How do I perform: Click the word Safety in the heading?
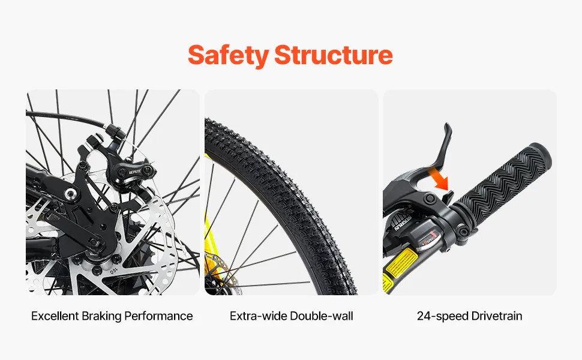(228, 55)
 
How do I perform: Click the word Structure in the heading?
(334, 55)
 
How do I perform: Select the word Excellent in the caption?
(55, 316)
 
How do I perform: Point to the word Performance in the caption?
(158, 316)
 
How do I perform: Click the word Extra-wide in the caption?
(259, 316)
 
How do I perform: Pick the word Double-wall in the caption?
(322, 316)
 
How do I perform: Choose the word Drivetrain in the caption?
(496, 316)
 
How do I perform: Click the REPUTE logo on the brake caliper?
(135, 172)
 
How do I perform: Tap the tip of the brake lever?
(448, 125)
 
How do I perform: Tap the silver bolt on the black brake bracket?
(70, 193)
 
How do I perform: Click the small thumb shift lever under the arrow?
(449, 197)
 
